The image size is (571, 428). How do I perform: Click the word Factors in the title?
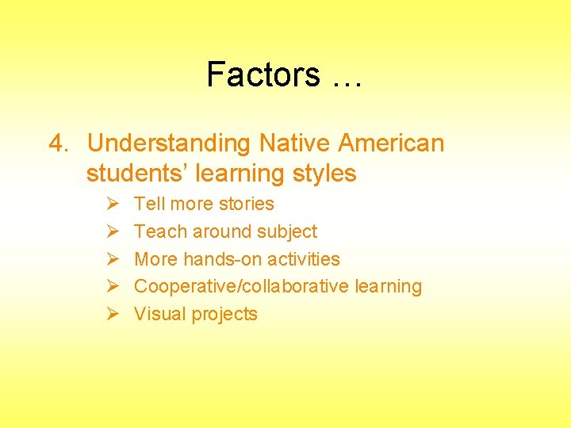[x=263, y=75]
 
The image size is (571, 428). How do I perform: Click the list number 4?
[x=57, y=143]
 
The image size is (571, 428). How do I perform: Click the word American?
[x=392, y=143]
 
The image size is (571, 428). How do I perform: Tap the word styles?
[x=322, y=173]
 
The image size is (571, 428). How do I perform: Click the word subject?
[x=287, y=231]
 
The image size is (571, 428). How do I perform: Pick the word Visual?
[x=159, y=314]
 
